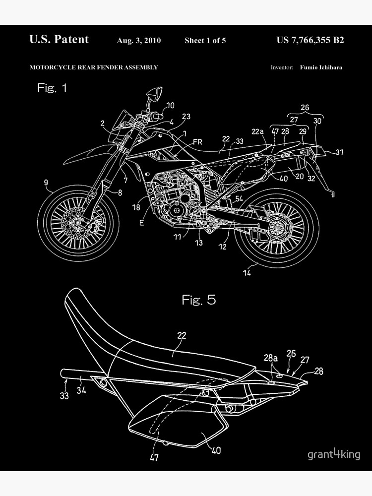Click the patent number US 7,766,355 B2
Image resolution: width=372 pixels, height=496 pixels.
click(x=310, y=40)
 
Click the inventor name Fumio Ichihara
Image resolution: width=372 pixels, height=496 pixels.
click(x=321, y=67)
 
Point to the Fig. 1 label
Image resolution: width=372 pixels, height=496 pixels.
click(x=52, y=88)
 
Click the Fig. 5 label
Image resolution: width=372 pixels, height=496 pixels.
click(x=198, y=300)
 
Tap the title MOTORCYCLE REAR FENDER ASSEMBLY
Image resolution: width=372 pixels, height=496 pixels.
click(x=94, y=67)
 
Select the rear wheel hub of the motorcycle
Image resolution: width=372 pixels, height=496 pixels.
click(x=276, y=229)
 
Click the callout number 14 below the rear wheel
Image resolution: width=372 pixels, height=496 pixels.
click(x=247, y=272)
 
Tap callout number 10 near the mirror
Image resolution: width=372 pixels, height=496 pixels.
click(x=170, y=105)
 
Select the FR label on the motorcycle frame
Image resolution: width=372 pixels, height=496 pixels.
click(x=197, y=142)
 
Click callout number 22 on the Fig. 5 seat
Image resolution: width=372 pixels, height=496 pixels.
click(x=182, y=336)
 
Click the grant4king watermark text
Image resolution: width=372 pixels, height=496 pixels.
click(x=334, y=454)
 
